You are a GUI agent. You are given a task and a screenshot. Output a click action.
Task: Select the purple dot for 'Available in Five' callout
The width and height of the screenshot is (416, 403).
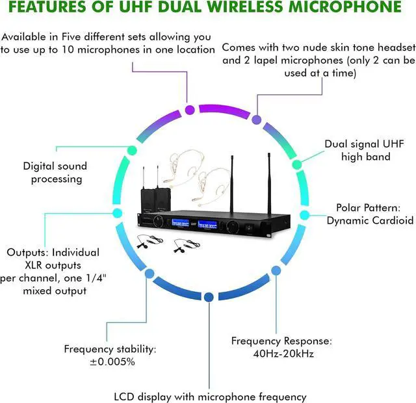(190, 109)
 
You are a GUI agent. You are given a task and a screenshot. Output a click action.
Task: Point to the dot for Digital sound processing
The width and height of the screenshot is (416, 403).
(132, 150)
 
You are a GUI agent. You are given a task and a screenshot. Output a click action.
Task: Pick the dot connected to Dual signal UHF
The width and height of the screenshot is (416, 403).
(297, 164)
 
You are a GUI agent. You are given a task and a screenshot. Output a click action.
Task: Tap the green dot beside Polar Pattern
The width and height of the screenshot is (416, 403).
(304, 214)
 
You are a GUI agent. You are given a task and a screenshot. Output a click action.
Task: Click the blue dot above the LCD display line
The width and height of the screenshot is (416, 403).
(208, 297)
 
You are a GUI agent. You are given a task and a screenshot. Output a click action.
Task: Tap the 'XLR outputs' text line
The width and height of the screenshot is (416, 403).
(53, 265)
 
